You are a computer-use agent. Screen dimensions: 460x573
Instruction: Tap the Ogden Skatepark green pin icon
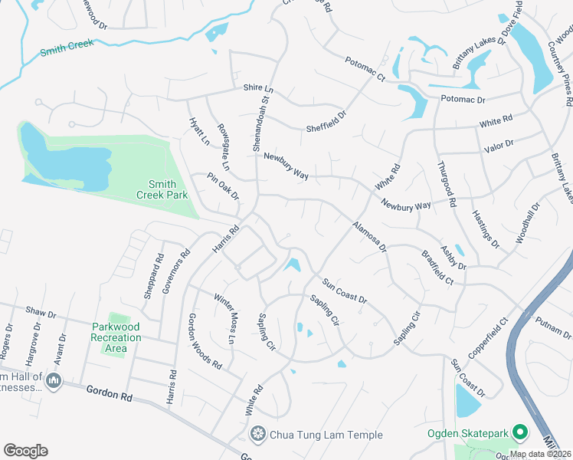tap(520, 434)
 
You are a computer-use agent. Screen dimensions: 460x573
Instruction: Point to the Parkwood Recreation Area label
tap(116, 337)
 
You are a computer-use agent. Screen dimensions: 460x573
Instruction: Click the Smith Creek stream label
tap(67, 48)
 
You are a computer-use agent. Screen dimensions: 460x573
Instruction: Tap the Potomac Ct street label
tap(365, 67)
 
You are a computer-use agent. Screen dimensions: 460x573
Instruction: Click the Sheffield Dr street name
tap(326, 121)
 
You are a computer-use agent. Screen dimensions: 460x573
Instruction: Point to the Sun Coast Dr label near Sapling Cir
tap(345, 291)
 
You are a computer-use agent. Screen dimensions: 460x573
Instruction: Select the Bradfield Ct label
tap(437, 266)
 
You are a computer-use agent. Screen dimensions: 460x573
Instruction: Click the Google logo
tap(25, 451)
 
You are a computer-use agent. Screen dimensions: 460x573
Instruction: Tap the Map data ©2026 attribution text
tap(540, 454)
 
